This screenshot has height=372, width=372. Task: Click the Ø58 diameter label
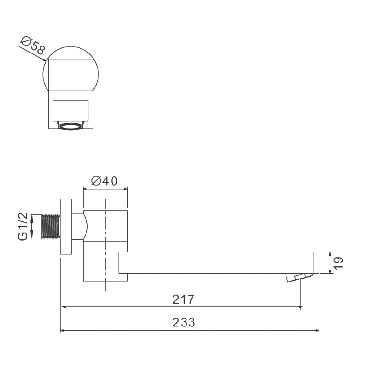33,47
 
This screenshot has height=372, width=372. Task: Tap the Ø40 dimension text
105,181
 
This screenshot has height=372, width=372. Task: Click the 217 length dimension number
182,299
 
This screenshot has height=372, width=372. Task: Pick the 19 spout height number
339,263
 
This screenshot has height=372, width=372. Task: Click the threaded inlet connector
51,226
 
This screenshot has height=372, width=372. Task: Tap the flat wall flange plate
66,226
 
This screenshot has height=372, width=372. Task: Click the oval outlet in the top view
71,126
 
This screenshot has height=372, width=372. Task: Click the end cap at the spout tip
316,263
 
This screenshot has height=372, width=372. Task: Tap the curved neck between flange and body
80,227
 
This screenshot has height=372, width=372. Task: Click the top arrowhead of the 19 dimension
330,255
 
